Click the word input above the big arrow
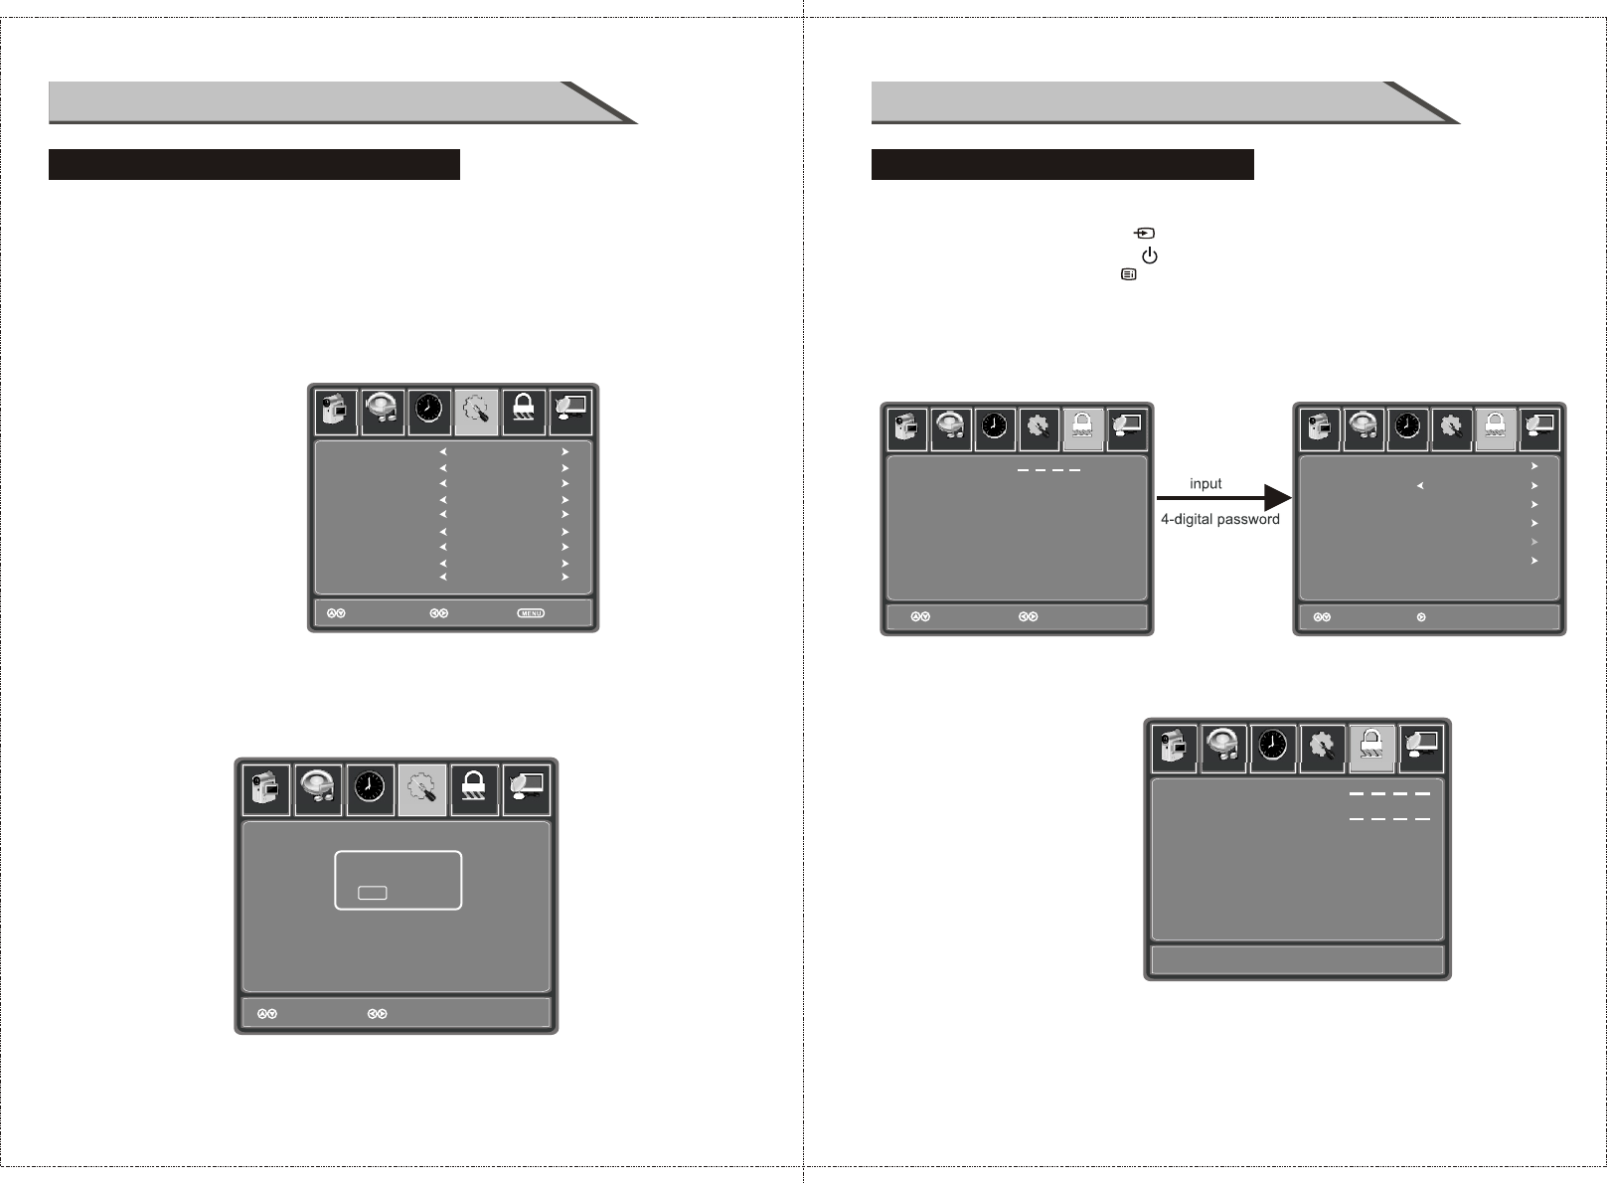1205,484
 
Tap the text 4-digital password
1219,519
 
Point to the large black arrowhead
1276,498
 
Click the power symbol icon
1150,255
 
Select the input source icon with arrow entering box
1145,233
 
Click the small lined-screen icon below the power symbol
1129,274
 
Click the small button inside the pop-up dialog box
373,893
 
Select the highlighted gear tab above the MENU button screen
476,411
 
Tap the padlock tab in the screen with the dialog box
474,788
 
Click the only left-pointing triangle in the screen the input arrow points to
1421,486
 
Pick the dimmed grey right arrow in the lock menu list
1534,542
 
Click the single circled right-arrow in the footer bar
1421,617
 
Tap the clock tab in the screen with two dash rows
1273,748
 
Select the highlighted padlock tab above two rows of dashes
1371,748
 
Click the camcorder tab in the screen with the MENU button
336,411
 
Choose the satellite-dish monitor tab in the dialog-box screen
526,788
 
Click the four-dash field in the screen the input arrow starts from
1048,469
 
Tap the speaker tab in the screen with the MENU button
383,411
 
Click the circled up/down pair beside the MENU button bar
336,613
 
